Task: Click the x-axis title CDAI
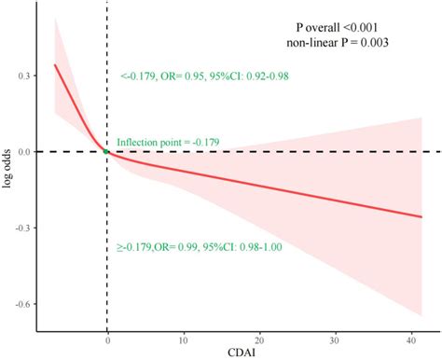click(239, 352)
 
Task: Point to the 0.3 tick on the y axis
click(23, 76)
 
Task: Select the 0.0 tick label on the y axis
click(23, 151)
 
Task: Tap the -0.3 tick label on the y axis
click(21, 227)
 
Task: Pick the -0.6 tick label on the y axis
click(21, 303)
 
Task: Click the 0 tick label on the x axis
click(107, 339)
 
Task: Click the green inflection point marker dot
click(106, 151)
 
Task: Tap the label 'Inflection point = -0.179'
click(168, 142)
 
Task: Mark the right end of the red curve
click(421, 217)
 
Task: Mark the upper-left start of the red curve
click(54, 64)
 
